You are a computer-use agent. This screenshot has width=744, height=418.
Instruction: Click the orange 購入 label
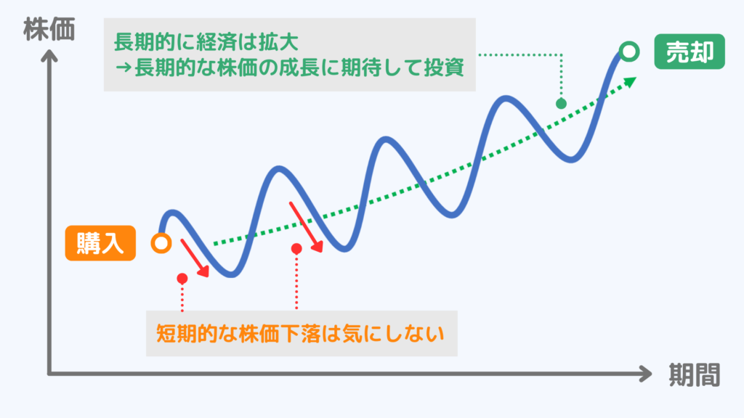[100, 243]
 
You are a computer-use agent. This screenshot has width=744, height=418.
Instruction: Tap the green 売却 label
[689, 52]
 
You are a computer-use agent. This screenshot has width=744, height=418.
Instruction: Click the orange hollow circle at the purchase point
[161, 244]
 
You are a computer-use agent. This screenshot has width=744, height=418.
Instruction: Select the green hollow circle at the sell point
[629, 52]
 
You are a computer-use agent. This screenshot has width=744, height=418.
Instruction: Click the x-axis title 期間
[693, 374]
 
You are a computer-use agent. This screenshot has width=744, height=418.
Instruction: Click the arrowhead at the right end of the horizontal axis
[645, 374]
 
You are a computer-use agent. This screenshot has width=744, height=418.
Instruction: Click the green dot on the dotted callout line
[561, 103]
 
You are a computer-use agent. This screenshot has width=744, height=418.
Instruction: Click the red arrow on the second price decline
[306, 226]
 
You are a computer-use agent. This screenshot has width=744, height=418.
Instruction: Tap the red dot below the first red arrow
[182, 278]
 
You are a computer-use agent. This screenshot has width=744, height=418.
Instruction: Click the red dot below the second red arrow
[296, 249]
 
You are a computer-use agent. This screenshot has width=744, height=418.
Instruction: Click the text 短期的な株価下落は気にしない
[300, 334]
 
